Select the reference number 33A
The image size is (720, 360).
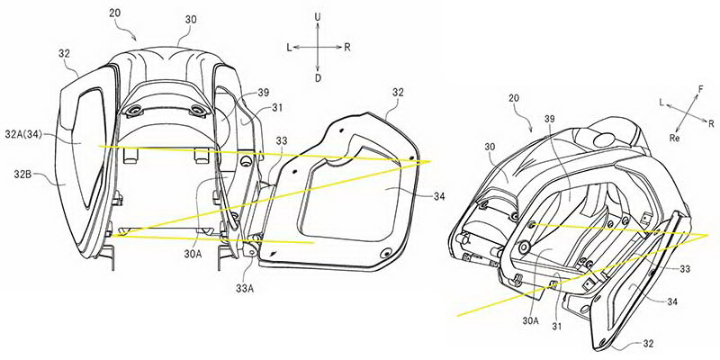(x=244, y=289)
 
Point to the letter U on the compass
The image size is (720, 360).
(x=318, y=16)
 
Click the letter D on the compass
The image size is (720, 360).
(x=318, y=78)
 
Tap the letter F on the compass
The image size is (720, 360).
(x=701, y=89)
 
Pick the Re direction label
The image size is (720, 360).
(x=676, y=138)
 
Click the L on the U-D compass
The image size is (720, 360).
(x=289, y=48)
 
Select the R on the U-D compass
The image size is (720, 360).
(x=346, y=48)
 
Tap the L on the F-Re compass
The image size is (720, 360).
(x=661, y=104)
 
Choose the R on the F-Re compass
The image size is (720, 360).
(x=711, y=123)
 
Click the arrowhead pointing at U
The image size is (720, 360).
(x=318, y=24)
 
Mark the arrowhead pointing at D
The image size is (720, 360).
(x=318, y=70)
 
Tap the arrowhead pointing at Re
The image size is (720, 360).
(x=679, y=130)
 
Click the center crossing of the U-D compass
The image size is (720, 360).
(x=318, y=47)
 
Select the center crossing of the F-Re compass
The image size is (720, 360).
(x=688, y=113)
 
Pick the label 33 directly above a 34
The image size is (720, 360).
(x=685, y=269)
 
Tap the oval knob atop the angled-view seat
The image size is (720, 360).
(x=606, y=139)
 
